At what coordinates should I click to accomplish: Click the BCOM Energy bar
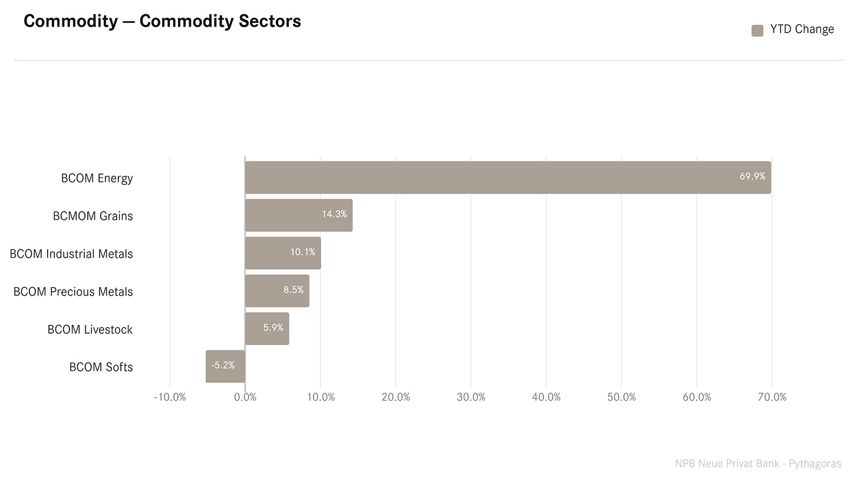tap(508, 178)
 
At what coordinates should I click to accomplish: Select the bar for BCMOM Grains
tap(299, 215)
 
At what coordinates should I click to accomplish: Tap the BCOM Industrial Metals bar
tap(283, 253)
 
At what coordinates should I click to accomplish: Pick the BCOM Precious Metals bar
tap(277, 291)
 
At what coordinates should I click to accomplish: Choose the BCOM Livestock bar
tap(267, 329)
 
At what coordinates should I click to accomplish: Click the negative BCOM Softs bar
tap(225, 366)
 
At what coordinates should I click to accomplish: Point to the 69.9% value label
tap(753, 176)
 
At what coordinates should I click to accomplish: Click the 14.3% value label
tap(334, 214)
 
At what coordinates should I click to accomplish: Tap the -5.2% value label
tap(223, 365)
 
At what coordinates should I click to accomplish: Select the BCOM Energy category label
tap(97, 178)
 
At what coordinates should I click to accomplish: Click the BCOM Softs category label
tap(101, 367)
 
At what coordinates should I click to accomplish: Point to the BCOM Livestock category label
tap(90, 330)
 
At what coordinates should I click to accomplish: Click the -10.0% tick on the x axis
tap(170, 397)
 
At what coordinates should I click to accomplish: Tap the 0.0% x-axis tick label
tap(245, 397)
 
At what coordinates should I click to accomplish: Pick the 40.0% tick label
tap(546, 397)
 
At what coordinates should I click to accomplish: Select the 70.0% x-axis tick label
tap(772, 397)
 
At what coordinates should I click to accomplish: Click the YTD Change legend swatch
tap(757, 31)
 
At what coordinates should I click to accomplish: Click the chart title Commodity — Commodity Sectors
tap(162, 21)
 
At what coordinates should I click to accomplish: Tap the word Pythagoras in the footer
tap(815, 464)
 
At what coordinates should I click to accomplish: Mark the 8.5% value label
tap(293, 290)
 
